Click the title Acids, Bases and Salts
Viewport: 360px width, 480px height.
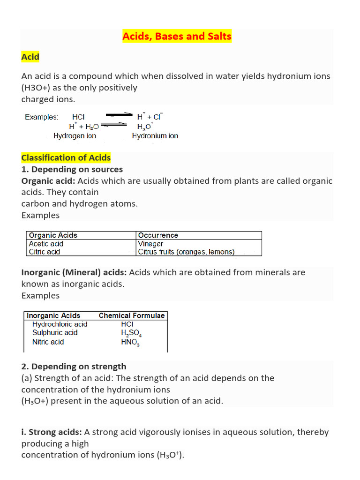coord(177,37)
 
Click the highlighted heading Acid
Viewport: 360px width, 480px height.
coord(30,57)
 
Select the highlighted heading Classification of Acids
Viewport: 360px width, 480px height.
coord(66,158)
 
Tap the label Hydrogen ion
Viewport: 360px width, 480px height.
coord(75,136)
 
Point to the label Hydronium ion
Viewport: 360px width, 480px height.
coord(155,136)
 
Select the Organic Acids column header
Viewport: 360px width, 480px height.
coord(53,235)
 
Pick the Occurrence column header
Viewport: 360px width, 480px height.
coord(158,235)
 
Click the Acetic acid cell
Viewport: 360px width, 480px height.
coord(46,244)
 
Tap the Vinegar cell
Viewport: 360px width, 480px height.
coord(150,244)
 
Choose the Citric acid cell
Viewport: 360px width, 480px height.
coord(45,252)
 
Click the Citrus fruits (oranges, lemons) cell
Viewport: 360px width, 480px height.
coord(186,252)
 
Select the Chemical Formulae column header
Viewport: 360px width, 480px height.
coord(132,316)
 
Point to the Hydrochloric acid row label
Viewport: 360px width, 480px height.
coord(60,324)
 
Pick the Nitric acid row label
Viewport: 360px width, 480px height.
coord(48,342)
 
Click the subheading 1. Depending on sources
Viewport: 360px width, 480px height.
coord(72,169)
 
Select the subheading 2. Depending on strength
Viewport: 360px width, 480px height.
coord(74,367)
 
